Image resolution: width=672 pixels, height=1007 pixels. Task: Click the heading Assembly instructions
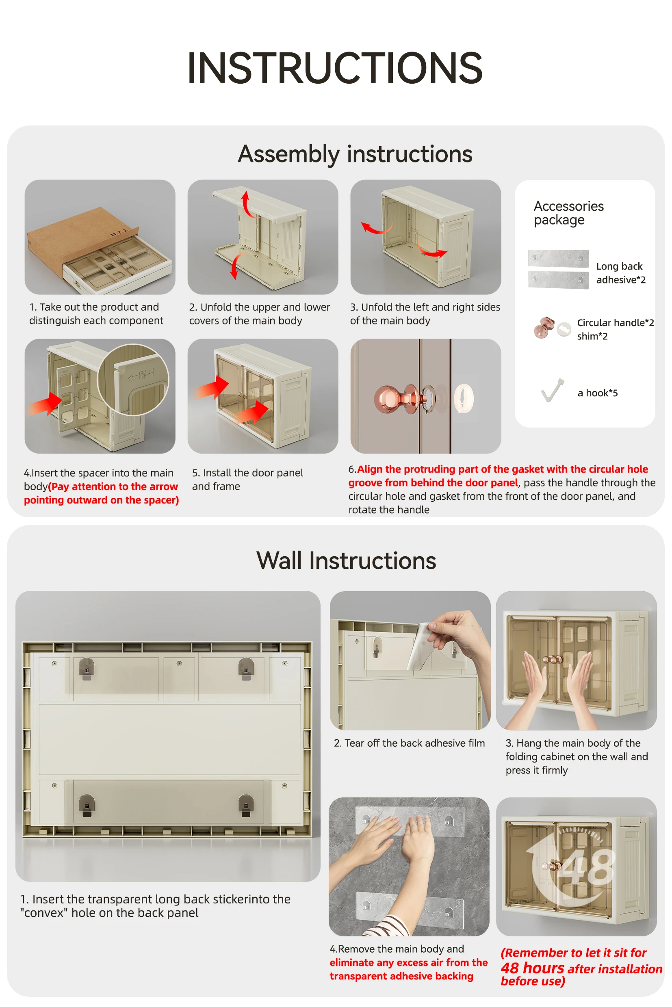[x=355, y=154]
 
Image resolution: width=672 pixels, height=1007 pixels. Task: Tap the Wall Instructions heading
[x=346, y=560]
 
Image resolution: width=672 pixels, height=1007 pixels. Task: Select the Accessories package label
[x=568, y=213]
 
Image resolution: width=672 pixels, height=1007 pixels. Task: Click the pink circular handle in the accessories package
[x=544, y=328]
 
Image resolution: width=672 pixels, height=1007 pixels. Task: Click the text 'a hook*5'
[x=597, y=393]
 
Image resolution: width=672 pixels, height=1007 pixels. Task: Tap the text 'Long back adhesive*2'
[x=620, y=273]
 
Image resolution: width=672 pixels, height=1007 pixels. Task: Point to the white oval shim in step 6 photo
[x=464, y=398]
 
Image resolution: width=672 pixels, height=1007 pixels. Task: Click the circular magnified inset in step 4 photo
[x=133, y=380]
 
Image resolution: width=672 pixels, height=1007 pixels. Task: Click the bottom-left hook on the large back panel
[x=87, y=805]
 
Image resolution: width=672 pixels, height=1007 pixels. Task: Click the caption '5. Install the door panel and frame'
[x=247, y=479]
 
